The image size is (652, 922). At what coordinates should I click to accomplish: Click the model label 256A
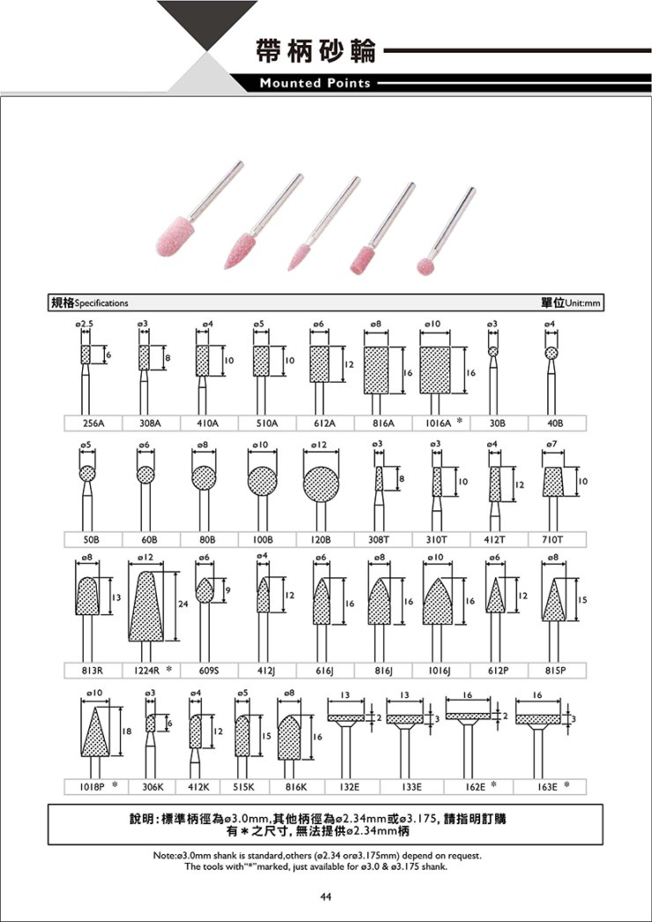[93, 423]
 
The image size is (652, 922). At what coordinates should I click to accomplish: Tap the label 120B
[322, 539]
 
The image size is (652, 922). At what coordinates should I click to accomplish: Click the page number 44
[326, 896]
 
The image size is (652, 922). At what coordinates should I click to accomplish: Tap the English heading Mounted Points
[315, 84]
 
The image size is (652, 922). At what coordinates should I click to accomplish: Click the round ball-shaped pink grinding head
[426, 266]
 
